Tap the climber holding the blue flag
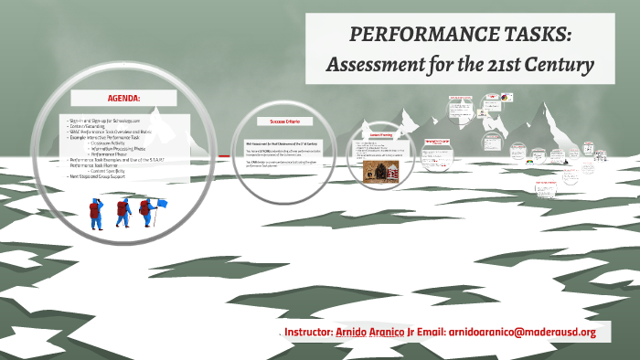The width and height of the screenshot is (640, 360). pos(147,211)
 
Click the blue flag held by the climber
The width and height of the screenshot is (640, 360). pos(162,203)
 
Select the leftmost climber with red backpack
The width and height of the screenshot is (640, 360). pos(94,212)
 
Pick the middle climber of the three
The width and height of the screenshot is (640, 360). pos(122,212)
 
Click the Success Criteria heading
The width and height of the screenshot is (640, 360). pos(285,122)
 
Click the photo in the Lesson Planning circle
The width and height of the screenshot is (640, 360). pos(376,173)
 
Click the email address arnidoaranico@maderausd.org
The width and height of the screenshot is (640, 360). pos(522,332)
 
